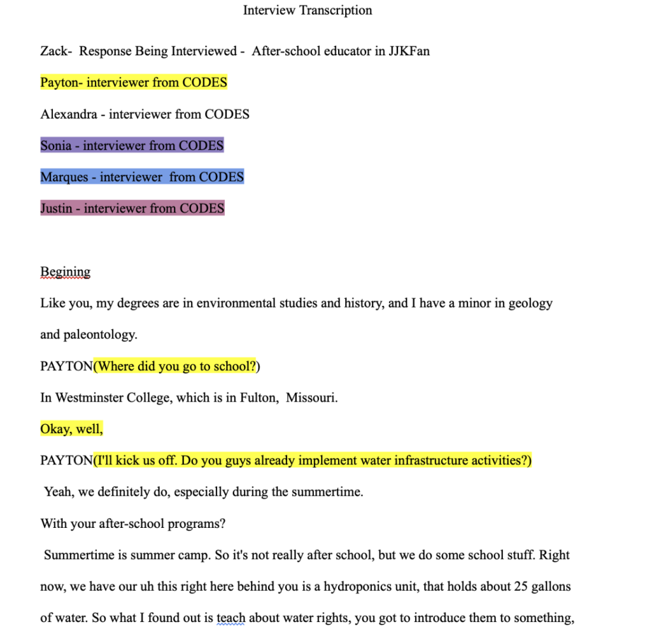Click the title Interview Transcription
tap(308, 10)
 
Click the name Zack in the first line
tap(53, 52)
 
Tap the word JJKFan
tap(409, 52)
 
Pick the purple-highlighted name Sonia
tap(56, 146)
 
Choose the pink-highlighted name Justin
tap(56, 209)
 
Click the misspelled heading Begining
tap(65, 272)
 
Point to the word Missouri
tap(311, 398)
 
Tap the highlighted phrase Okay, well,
tap(71, 429)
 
